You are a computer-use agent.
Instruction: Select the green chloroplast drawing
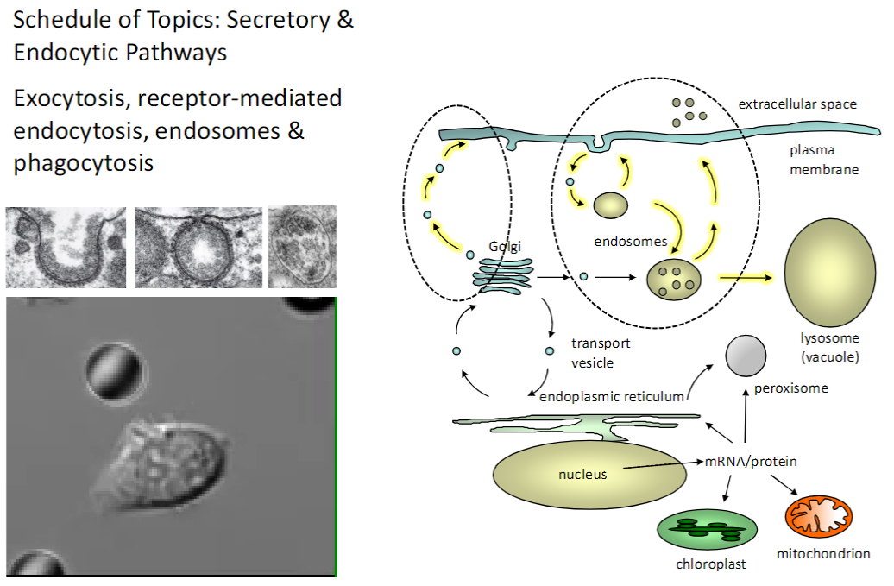point(707,531)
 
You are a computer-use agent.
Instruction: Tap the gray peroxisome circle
point(746,356)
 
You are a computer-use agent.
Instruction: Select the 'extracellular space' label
point(796,104)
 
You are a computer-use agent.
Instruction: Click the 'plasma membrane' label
point(824,160)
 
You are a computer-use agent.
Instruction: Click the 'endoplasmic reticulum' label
point(611,396)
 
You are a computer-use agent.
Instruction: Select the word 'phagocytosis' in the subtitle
point(84,162)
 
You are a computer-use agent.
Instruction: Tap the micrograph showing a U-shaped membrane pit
point(66,247)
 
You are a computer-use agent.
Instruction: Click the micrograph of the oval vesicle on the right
point(302,247)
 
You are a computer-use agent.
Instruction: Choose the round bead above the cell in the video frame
point(113,374)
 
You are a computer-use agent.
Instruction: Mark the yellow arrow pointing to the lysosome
point(746,278)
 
